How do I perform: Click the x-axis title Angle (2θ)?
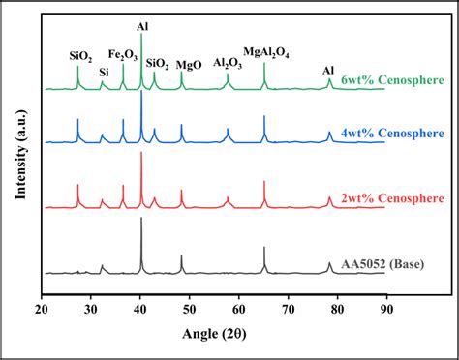[215, 335]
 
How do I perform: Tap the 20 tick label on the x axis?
[43, 311]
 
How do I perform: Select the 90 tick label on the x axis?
[386, 311]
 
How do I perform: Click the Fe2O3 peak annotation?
[122, 55]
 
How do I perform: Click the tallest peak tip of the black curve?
[141, 219]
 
